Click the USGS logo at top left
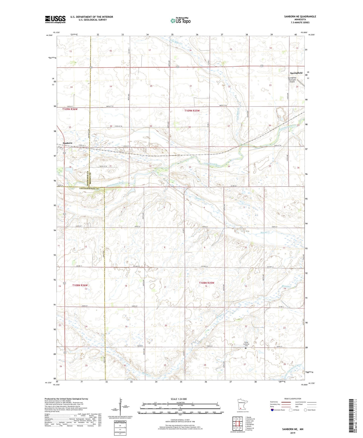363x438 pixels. [55, 19]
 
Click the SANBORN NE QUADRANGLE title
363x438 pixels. [300, 17]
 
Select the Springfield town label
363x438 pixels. [296, 73]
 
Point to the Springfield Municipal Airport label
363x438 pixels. [292, 80]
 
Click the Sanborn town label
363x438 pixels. [68, 143]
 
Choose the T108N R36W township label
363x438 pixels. [80, 285]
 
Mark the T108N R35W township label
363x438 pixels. [206, 283]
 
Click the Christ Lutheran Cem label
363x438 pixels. [246, 344]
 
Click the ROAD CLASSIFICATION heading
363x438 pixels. [293, 399]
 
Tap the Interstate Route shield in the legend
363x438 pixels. [273, 410]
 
